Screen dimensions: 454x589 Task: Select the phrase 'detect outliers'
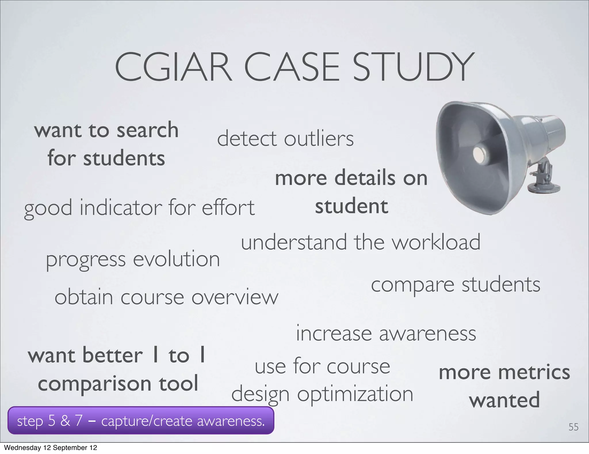pyautogui.click(x=285, y=139)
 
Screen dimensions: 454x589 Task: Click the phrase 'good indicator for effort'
pyautogui.click(x=139, y=208)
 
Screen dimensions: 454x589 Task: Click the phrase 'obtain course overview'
pyautogui.click(x=166, y=297)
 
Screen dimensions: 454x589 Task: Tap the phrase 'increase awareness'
pyautogui.click(x=386, y=334)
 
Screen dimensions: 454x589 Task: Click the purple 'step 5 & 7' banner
pyautogui.click(x=141, y=421)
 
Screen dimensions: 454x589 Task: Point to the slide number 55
pyautogui.click(x=573, y=427)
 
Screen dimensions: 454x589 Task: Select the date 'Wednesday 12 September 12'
pyautogui.click(x=51, y=448)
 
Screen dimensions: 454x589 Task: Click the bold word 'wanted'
pyautogui.click(x=504, y=400)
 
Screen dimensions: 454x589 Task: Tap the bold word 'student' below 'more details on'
pyautogui.click(x=351, y=206)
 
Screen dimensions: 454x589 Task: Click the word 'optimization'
pyautogui.click(x=355, y=394)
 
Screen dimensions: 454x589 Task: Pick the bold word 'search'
pyautogui.click(x=148, y=130)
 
